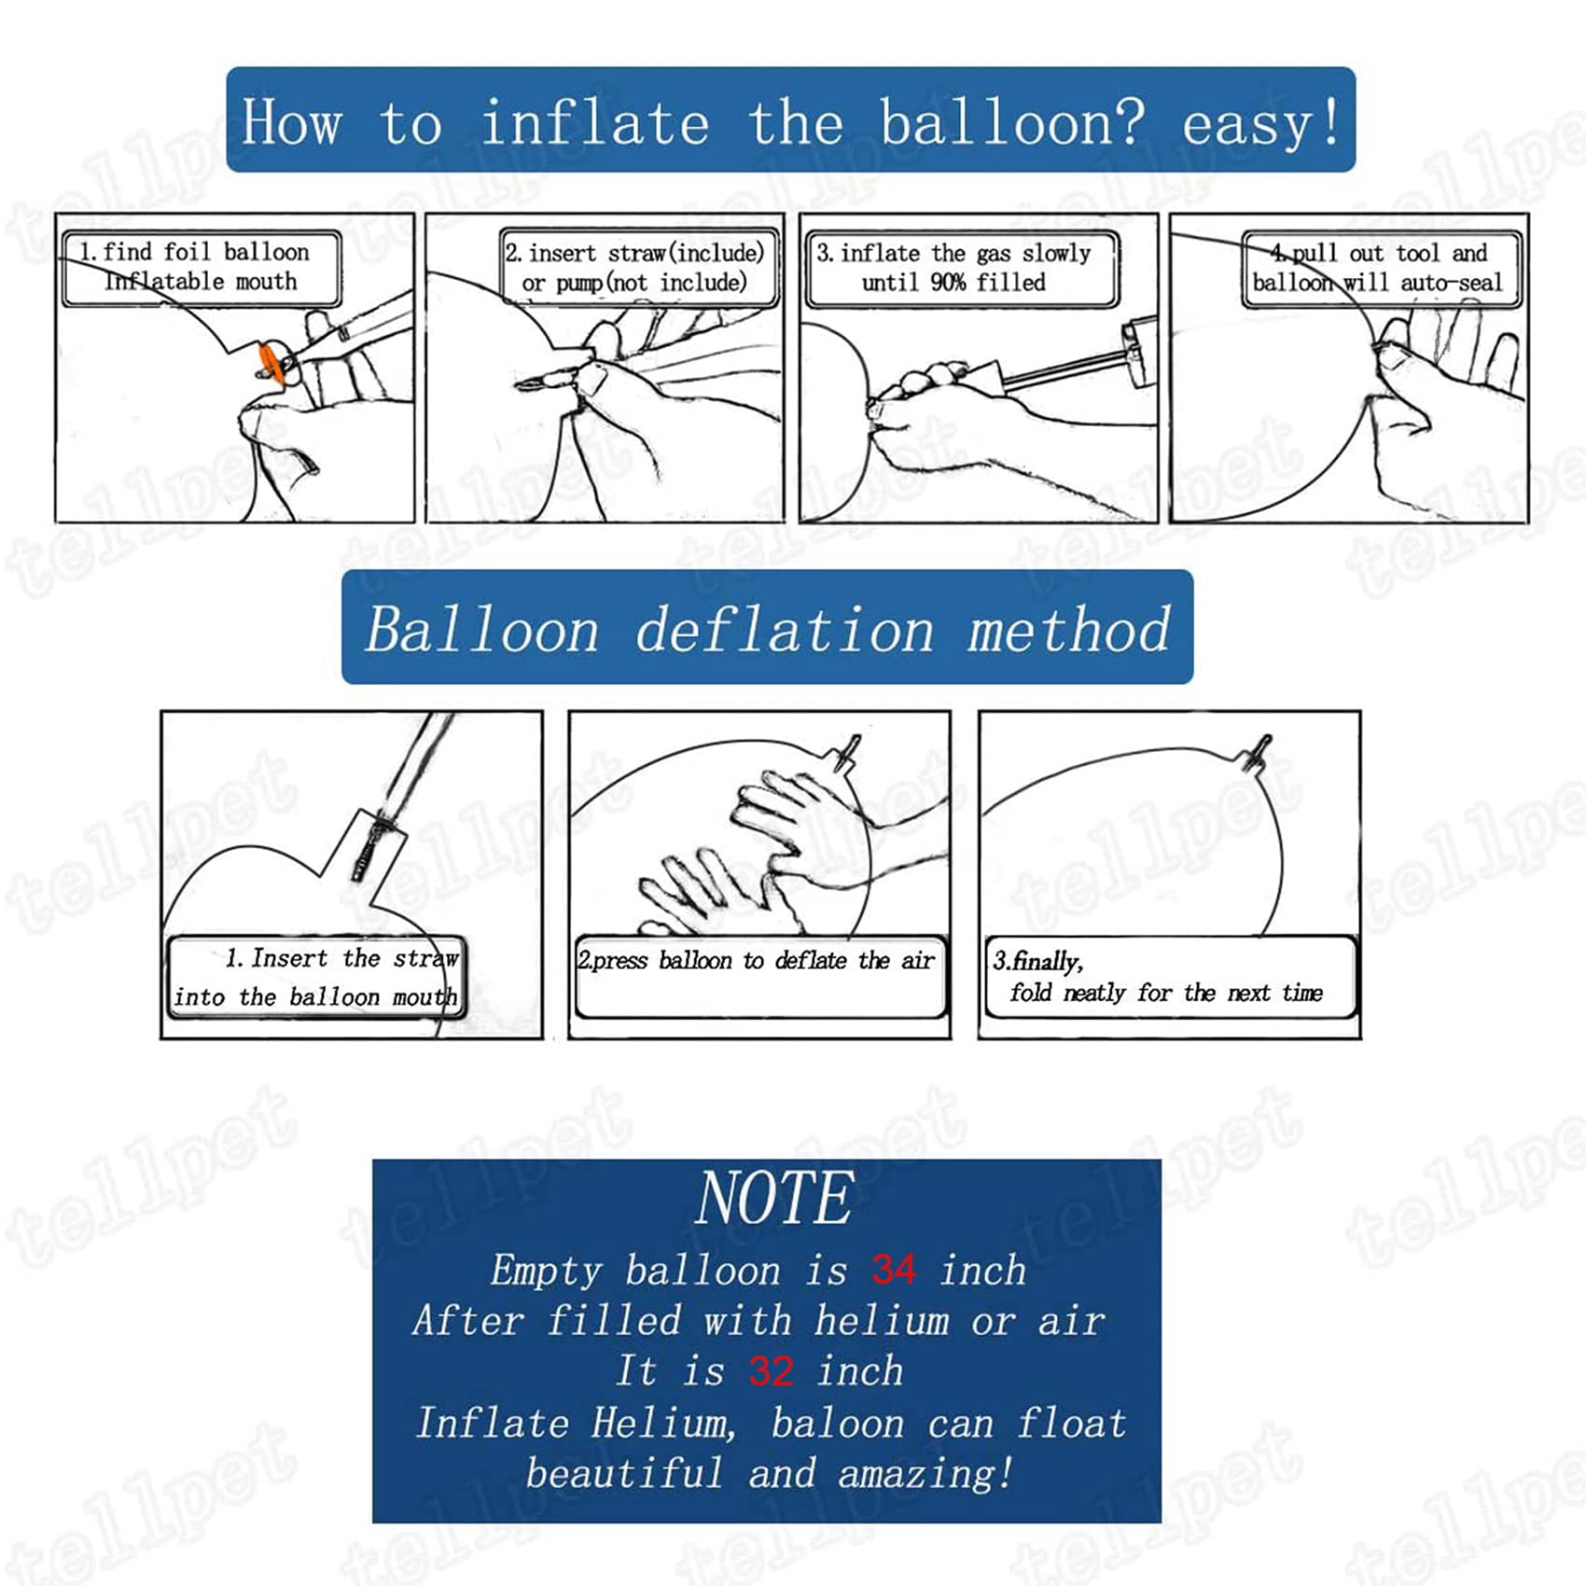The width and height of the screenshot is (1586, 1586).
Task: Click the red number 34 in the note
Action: click(x=894, y=1270)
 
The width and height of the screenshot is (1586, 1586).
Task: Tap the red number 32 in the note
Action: click(x=771, y=1371)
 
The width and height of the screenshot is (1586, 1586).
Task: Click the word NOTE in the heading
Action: click(x=774, y=1198)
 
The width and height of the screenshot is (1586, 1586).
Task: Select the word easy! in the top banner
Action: click(x=1261, y=124)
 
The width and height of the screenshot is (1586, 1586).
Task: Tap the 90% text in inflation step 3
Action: click(x=949, y=282)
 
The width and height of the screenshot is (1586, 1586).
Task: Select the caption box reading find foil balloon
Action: click(x=202, y=268)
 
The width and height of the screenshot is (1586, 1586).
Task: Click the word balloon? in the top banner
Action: click(x=1012, y=122)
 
